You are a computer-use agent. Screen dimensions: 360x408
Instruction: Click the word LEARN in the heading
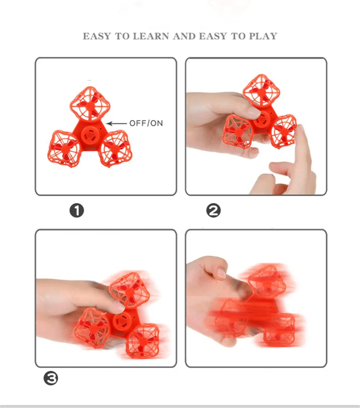(151, 36)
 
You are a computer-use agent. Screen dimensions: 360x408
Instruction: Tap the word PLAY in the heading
(263, 36)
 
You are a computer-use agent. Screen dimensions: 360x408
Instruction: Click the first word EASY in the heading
(97, 36)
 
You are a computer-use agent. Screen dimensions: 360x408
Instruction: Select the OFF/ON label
(146, 123)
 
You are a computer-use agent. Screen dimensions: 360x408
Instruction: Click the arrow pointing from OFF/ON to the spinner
(117, 124)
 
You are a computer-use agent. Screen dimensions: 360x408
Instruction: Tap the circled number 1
(77, 211)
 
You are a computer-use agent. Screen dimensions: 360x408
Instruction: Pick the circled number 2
(213, 211)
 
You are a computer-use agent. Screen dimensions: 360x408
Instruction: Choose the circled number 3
(51, 378)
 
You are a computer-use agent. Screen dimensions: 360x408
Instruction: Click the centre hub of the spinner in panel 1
(90, 135)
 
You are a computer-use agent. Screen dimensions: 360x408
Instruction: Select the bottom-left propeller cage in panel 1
(64, 149)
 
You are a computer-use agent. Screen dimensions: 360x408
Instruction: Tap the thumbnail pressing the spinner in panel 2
(253, 112)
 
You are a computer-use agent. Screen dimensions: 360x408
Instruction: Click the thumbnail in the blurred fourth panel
(221, 273)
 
